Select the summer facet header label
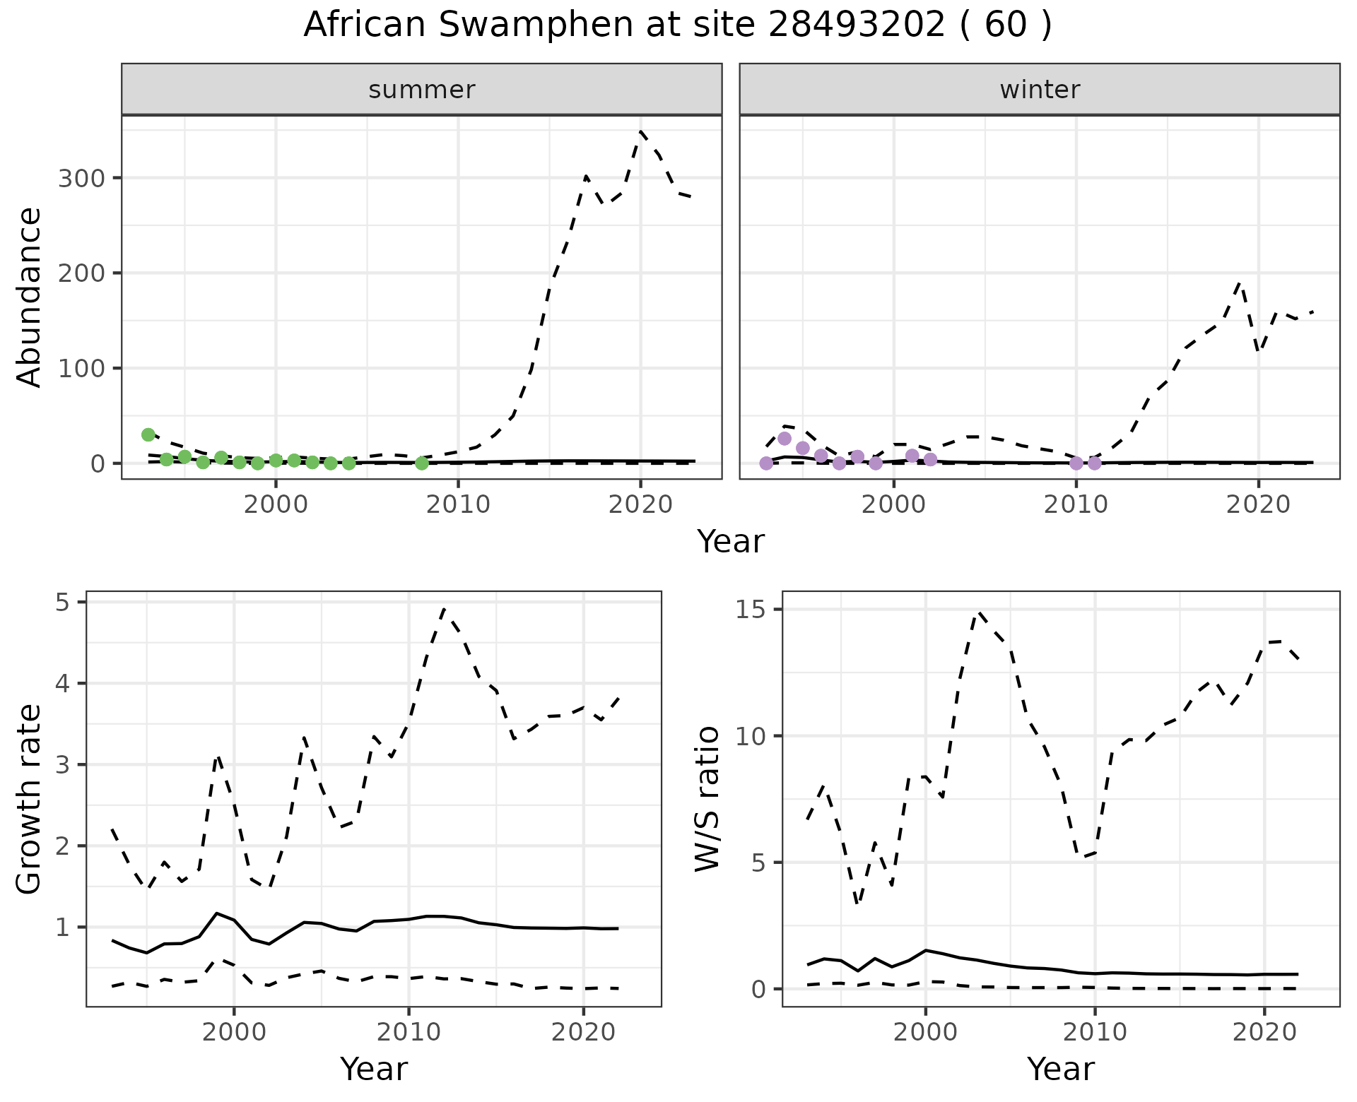click(x=422, y=90)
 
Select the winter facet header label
click(x=1040, y=90)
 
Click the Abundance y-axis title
click(x=30, y=297)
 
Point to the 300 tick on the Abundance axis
click(x=81, y=178)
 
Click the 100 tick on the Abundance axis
click(x=81, y=369)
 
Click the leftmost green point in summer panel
click(x=148, y=434)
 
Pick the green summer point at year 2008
click(x=422, y=463)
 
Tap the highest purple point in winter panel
click(x=785, y=439)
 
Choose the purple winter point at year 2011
click(x=1095, y=463)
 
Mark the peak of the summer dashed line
click(x=640, y=131)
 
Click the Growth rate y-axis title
click(x=30, y=800)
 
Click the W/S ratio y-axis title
click(x=707, y=800)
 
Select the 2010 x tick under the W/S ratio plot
click(x=1095, y=1033)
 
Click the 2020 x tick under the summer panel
click(x=640, y=506)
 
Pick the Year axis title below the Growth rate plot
click(x=374, y=1069)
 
